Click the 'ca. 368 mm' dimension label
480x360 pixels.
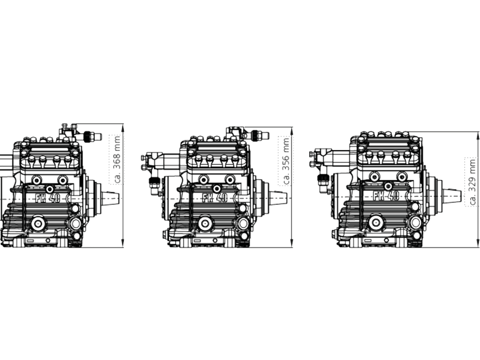point(117,160)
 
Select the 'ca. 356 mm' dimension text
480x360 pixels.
point(286,161)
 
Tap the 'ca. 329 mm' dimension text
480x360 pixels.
point(473,182)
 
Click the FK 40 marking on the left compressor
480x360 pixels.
point(48,198)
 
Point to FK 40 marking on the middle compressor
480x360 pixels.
point(215,198)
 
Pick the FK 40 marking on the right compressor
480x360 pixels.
point(386,196)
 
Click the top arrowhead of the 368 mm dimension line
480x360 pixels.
point(122,127)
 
